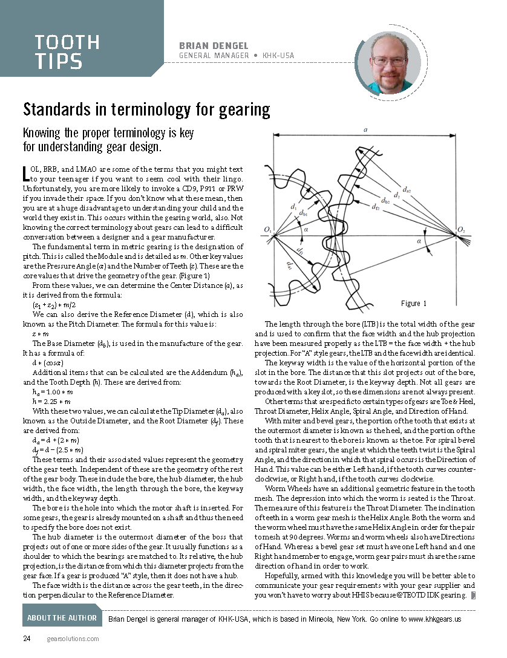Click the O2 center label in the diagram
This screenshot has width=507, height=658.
[x=461, y=230]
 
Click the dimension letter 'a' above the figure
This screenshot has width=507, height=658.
[x=365, y=129]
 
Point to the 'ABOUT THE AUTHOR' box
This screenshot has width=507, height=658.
[x=62, y=617]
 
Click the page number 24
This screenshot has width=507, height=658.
[x=27, y=639]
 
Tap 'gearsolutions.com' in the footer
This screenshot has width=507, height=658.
[x=73, y=639]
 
